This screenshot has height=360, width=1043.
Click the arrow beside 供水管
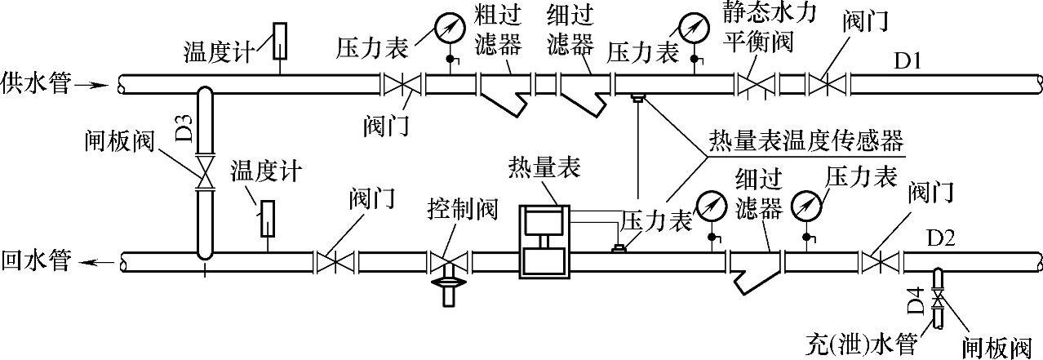97,82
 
